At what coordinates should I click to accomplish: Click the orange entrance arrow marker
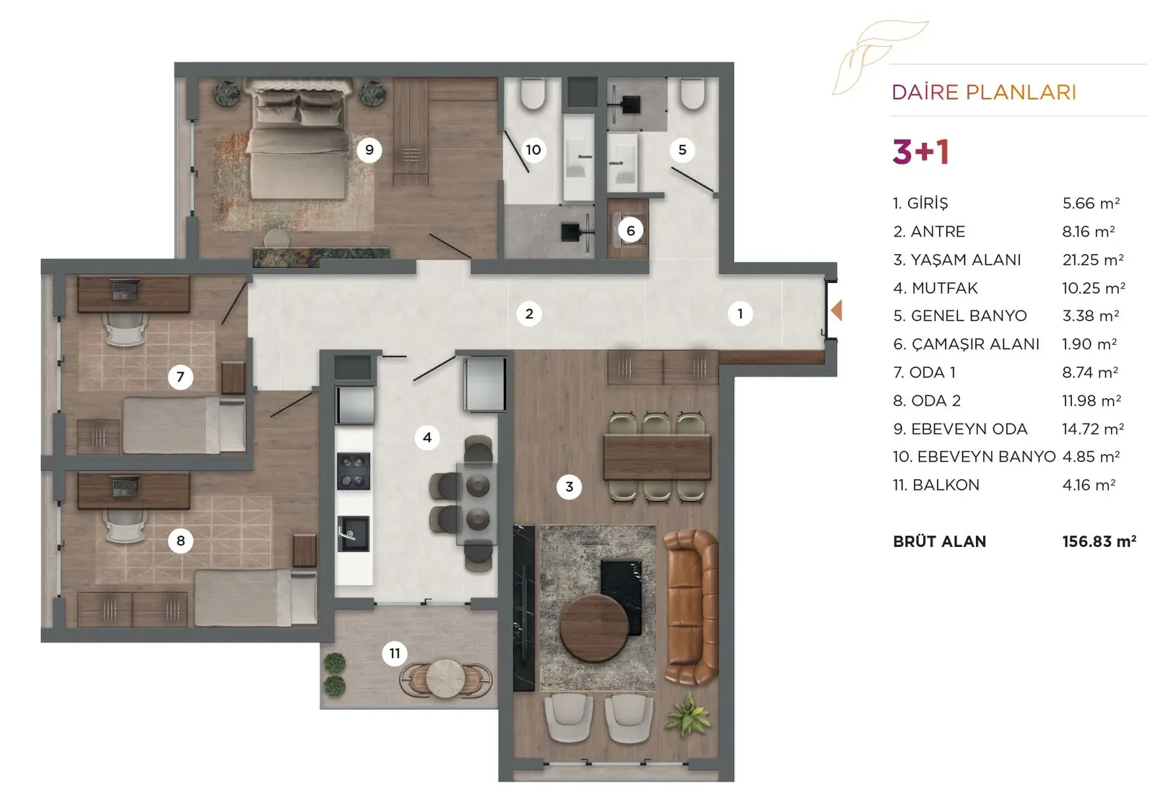point(837,311)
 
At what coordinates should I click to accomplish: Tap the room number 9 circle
point(369,150)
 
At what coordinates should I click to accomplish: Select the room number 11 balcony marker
point(394,654)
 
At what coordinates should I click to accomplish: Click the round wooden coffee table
point(594,629)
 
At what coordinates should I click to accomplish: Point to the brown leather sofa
point(692,608)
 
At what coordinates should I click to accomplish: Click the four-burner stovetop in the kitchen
point(354,471)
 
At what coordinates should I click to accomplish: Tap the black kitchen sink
point(354,533)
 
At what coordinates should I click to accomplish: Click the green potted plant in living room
point(687,715)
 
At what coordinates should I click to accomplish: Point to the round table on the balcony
point(445,679)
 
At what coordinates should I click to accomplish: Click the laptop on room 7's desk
point(126,289)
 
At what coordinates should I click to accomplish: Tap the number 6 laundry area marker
point(631,230)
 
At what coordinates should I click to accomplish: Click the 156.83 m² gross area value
point(1099,541)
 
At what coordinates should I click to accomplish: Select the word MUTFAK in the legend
point(945,288)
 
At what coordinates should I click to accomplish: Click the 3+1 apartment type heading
point(921,152)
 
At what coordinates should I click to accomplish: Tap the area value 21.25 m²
point(1093,259)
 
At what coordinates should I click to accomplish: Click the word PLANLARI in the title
point(1021,92)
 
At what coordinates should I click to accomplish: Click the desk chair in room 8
point(126,526)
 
